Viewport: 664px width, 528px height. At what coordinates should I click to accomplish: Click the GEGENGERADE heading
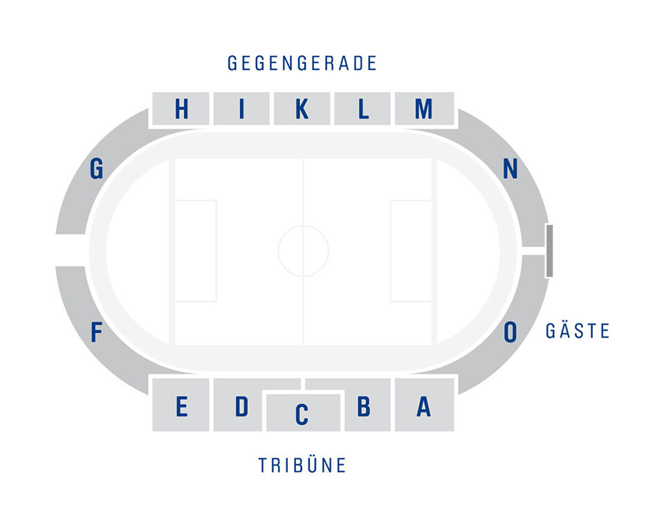[x=302, y=63]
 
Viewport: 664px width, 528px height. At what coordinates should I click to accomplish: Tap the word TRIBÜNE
[x=302, y=465]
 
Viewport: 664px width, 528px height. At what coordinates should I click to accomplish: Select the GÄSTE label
[x=578, y=331]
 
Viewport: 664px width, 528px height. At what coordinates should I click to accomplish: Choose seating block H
[x=181, y=109]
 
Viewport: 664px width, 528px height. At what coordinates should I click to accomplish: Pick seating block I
[x=241, y=109]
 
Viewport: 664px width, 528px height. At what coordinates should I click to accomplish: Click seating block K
[x=302, y=109]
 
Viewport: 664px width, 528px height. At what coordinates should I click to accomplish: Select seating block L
[x=362, y=109]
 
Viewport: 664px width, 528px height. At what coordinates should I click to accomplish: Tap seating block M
[x=424, y=109]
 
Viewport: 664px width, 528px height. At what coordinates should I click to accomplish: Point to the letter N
[x=510, y=169]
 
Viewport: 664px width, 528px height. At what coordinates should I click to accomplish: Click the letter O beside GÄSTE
[x=510, y=331]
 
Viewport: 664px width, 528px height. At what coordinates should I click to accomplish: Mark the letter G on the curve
[x=97, y=169]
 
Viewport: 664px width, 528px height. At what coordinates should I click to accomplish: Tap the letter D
[x=241, y=406]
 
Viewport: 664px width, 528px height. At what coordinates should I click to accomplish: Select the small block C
[x=303, y=412]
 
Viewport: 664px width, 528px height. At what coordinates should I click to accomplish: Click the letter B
[x=364, y=406]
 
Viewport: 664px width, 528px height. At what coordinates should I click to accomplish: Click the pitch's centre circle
[x=303, y=226]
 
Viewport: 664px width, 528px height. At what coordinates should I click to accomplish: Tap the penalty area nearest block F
[x=196, y=251]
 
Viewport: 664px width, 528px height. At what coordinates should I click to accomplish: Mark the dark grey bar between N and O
[x=549, y=251]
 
